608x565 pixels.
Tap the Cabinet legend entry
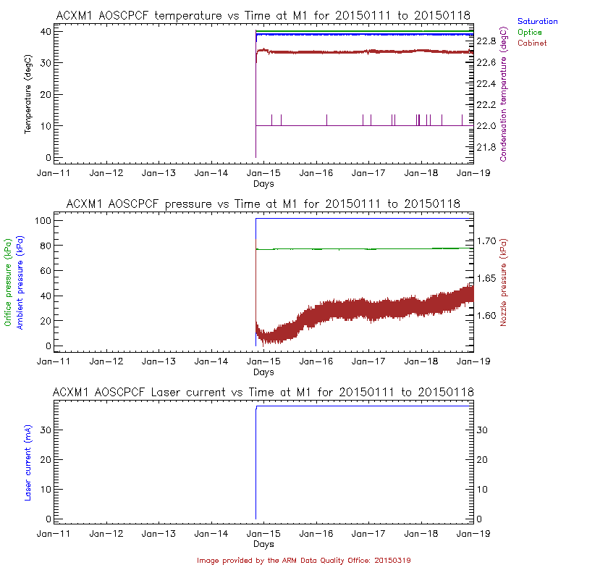533,43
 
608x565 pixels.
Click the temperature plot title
263,15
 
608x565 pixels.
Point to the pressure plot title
263,204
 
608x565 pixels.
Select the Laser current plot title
263,392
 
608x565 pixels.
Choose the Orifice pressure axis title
8,282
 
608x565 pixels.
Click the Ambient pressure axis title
20,283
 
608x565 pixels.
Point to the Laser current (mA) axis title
28,464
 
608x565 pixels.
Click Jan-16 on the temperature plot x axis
316,174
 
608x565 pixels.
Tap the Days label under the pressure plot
263,372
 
